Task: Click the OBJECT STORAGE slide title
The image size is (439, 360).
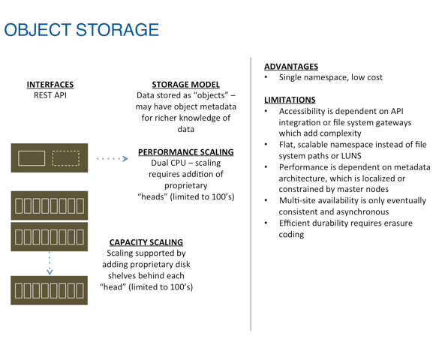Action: click(x=82, y=30)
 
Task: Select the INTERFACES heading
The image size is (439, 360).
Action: click(x=50, y=85)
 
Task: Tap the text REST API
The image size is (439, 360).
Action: click(x=50, y=95)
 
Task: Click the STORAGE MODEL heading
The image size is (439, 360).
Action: click(x=185, y=85)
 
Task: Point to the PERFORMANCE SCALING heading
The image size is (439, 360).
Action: click(x=186, y=152)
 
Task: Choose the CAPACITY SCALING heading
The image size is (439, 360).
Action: click(x=146, y=242)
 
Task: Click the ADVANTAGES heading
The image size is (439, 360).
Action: click(x=291, y=67)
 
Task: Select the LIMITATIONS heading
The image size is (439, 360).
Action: click(x=290, y=100)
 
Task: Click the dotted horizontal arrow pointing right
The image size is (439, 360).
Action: click(x=113, y=158)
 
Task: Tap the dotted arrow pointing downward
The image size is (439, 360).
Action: click(x=50, y=263)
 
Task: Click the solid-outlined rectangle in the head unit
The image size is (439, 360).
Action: click(x=32, y=158)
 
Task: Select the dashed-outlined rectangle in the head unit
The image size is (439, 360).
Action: click(x=66, y=158)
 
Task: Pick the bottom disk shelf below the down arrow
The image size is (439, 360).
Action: click(x=50, y=290)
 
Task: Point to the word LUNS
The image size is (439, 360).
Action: click(x=351, y=156)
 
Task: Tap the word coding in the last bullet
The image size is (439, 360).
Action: click(x=291, y=235)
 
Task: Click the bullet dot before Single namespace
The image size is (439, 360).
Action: click(x=266, y=77)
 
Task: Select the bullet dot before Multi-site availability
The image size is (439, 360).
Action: click(x=266, y=200)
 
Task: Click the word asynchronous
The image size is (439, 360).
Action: click(x=361, y=211)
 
